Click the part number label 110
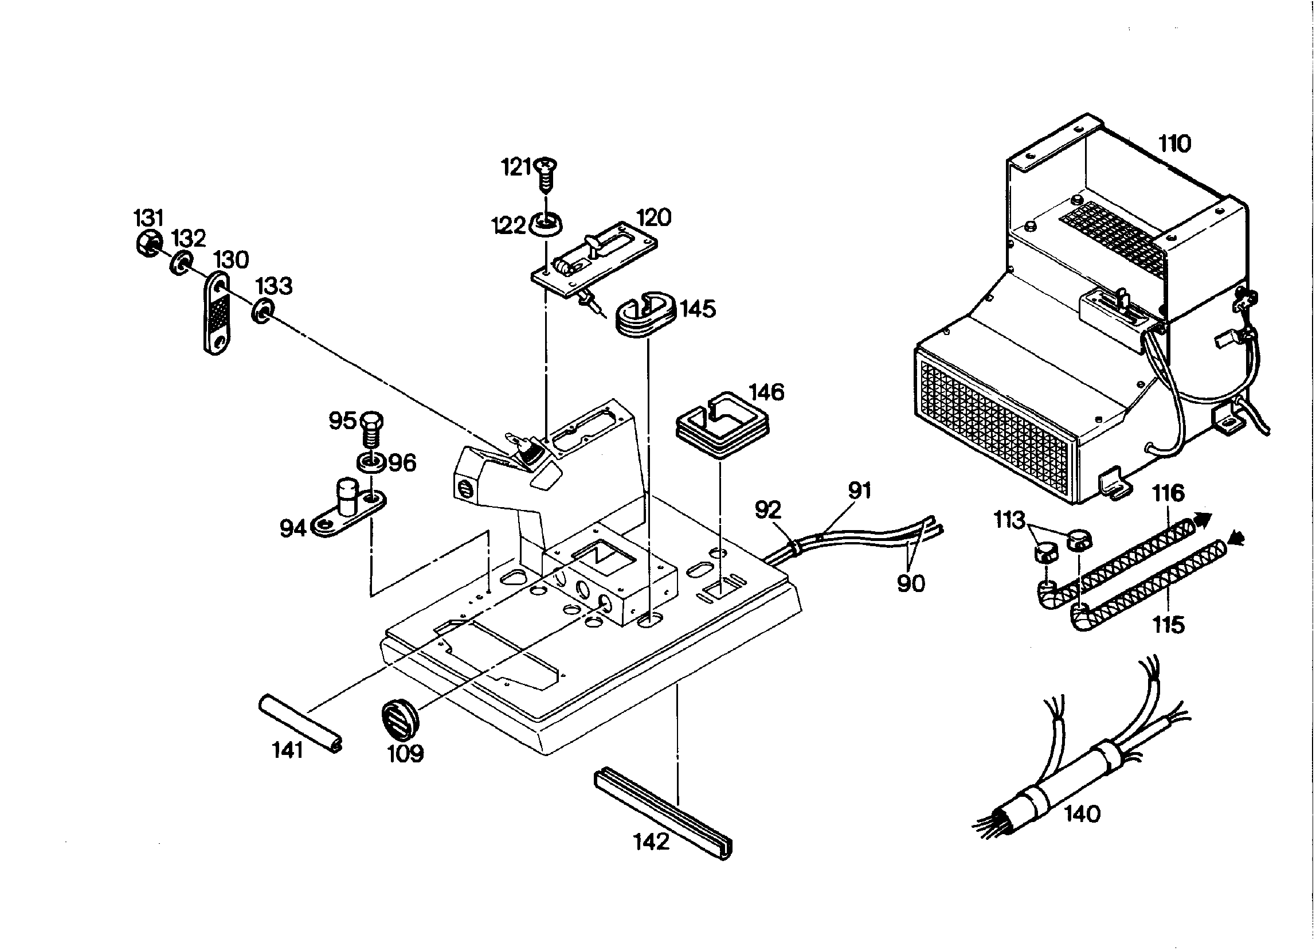click(1175, 143)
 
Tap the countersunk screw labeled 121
click(546, 176)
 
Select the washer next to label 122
click(546, 224)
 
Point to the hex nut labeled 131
click(149, 244)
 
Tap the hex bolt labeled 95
click(372, 429)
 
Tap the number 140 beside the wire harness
click(1082, 814)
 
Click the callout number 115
click(1168, 625)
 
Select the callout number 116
click(1168, 493)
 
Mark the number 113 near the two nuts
click(1009, 520)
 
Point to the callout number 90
click(911, 583)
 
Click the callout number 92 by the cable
click(768, 510)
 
